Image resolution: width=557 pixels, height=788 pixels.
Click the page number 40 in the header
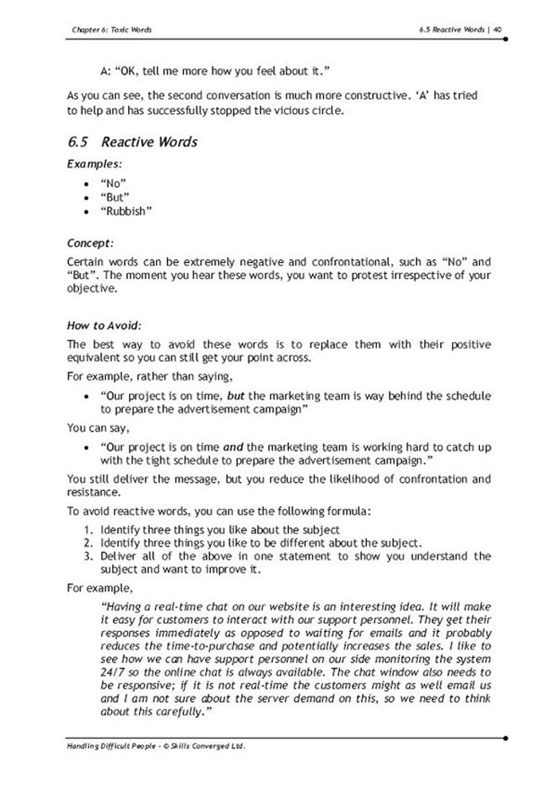click(497, 29)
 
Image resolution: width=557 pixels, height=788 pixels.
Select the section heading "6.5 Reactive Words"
click(133, 143)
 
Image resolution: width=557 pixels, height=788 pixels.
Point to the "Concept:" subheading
click(90, 241)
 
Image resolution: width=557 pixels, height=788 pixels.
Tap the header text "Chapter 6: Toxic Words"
click(111, 29)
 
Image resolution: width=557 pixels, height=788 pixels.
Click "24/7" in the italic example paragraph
click(113, 672)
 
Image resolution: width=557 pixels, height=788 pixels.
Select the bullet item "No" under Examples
click(115, 182)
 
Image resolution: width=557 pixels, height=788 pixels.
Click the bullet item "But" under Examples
click(116, 197)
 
